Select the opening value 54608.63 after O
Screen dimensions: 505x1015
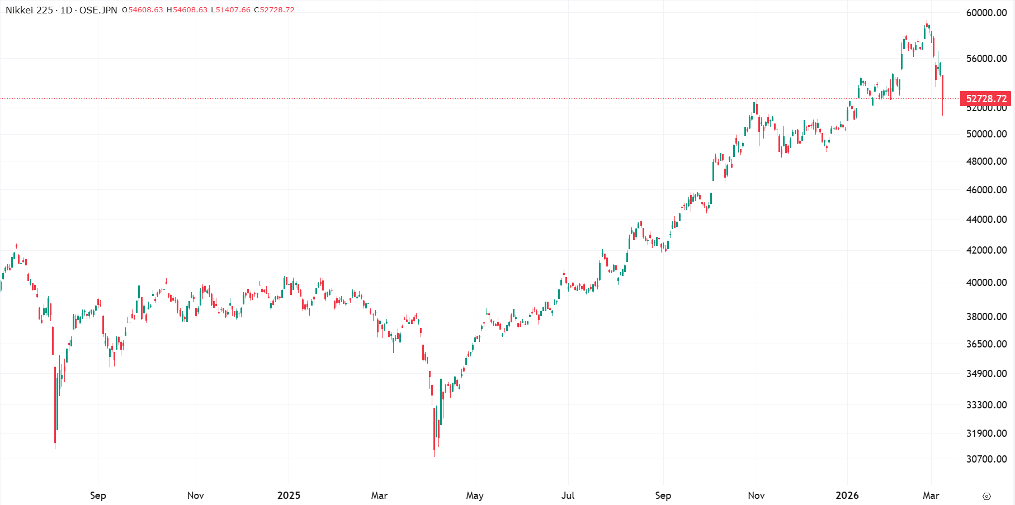click(x=145, y=10)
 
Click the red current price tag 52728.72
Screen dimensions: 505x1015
click(x=986, y=99)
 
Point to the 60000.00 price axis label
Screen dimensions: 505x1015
click(x=986, y=13)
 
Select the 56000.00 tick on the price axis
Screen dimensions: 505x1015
click(x=986, y=59)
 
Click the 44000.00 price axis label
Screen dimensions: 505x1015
click(x=986, y=220)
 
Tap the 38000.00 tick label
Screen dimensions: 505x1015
click(x=986, y=317)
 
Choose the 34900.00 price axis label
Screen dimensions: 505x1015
click(x=986, y=374)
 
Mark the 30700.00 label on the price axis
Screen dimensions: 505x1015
click(x=986, y=459)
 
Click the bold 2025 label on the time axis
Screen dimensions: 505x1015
click(x=289, y=496)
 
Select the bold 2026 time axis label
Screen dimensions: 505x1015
click(x=847, y=496)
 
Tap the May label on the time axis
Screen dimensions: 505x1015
click(x=475, y=496)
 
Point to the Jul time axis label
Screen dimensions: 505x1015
click(x=568, y=496)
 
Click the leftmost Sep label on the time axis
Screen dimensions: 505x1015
click(x=98, y=496)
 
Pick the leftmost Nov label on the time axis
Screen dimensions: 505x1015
click(x=196, y=496)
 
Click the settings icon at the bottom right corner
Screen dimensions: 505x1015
click(x=986, y=496)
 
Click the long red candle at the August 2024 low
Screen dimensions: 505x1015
click(x=55, y=405)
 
